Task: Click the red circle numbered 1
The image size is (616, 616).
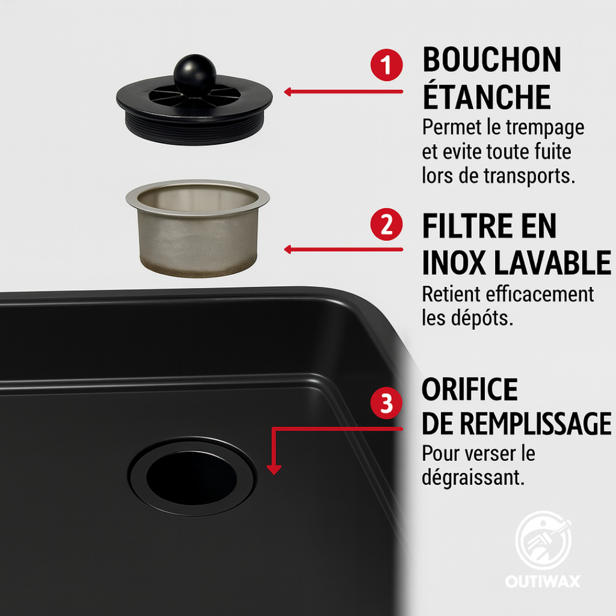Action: click(387, 66)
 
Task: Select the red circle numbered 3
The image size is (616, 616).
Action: click(387, 403)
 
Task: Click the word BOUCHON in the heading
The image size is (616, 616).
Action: click(492, 60)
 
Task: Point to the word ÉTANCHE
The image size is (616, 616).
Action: click(486, 97)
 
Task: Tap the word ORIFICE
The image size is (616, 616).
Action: click(469, 390)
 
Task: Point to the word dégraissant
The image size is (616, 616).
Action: click(473, 477)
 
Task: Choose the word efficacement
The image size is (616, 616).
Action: click(540, 295)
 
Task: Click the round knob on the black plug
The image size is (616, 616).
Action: click(195, 75)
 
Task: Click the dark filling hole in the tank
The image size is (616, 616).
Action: click(192, 475)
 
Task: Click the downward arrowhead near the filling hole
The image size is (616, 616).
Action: click(274, 469)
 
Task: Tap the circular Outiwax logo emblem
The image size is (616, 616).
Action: click(543, 539)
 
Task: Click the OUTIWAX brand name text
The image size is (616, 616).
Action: click(542, 582)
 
